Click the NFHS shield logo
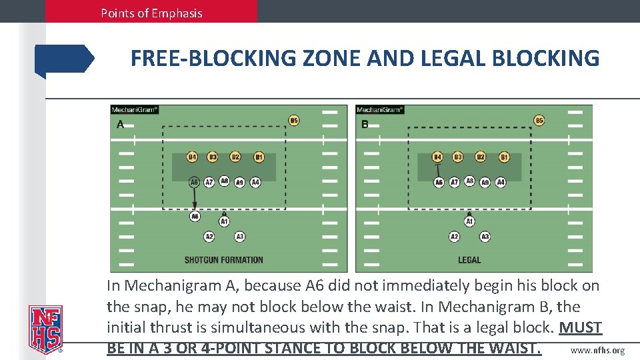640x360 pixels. (44, 329)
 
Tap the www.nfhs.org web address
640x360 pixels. (598, 351)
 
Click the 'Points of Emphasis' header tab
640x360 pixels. (151, 13)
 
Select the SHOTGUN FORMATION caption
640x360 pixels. (224, 260)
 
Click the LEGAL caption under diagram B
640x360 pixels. (469, 260)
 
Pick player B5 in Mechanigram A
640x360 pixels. (293, 121)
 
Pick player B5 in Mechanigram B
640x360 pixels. (539, 121)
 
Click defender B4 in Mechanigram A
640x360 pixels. (192, 157)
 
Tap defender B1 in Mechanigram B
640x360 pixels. (504, 157)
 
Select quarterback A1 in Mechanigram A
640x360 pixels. (224, 221)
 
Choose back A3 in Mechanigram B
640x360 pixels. (485, 237)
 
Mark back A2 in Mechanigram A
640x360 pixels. (209, 237)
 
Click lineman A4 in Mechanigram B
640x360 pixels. (501, 182)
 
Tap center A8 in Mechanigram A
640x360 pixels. (224, 181)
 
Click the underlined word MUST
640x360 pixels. (580, 328)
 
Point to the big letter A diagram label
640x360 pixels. (121, 124)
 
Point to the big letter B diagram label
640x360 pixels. (365, 124)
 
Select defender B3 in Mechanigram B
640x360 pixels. (457, 157)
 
